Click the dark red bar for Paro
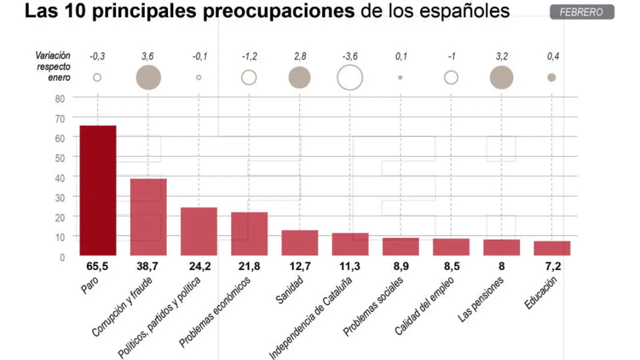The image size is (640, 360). (98, 190)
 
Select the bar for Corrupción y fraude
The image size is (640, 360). (148, 217)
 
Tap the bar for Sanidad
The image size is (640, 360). (299, 243)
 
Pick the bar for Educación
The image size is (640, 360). (552, 248)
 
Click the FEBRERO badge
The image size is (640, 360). (581, 12)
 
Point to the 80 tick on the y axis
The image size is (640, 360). (60, 98)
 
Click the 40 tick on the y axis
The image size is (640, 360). (60, 177)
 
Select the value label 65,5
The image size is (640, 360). (98, 267)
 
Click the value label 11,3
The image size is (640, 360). (350, 267)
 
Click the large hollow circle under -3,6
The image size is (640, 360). (350, 77)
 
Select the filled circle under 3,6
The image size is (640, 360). (148, 77)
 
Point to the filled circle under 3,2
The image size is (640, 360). (501, 77)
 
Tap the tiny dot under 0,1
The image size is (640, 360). (400, 77)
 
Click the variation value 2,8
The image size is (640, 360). (299, 56)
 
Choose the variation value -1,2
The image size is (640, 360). (249, 56)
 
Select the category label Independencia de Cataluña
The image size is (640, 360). (311, 317)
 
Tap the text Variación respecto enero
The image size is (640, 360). (53, 66)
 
